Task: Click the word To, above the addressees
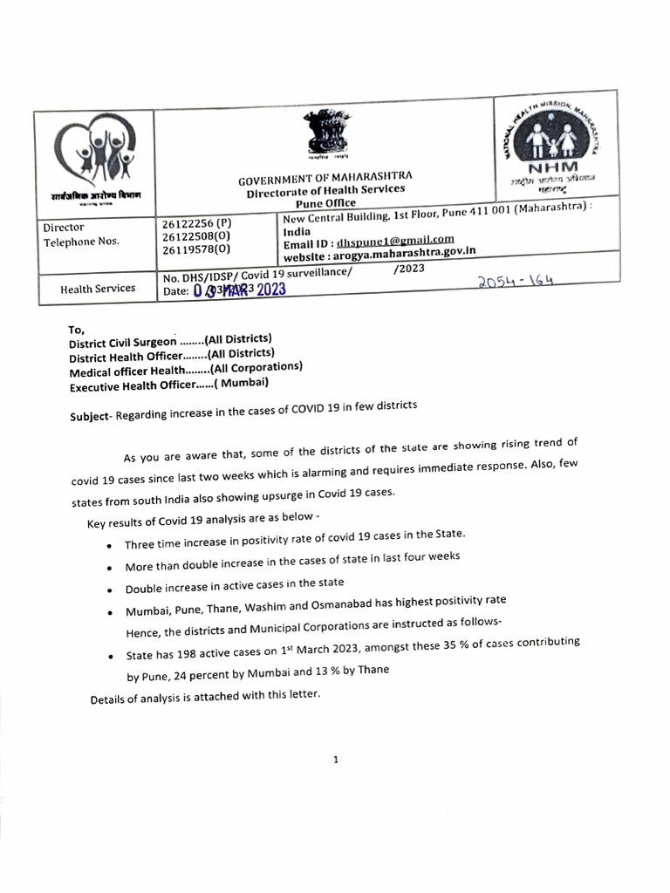(x=78, y=330)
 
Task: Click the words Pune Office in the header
(x=320, y=202)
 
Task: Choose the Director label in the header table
(x=63, y=228)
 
